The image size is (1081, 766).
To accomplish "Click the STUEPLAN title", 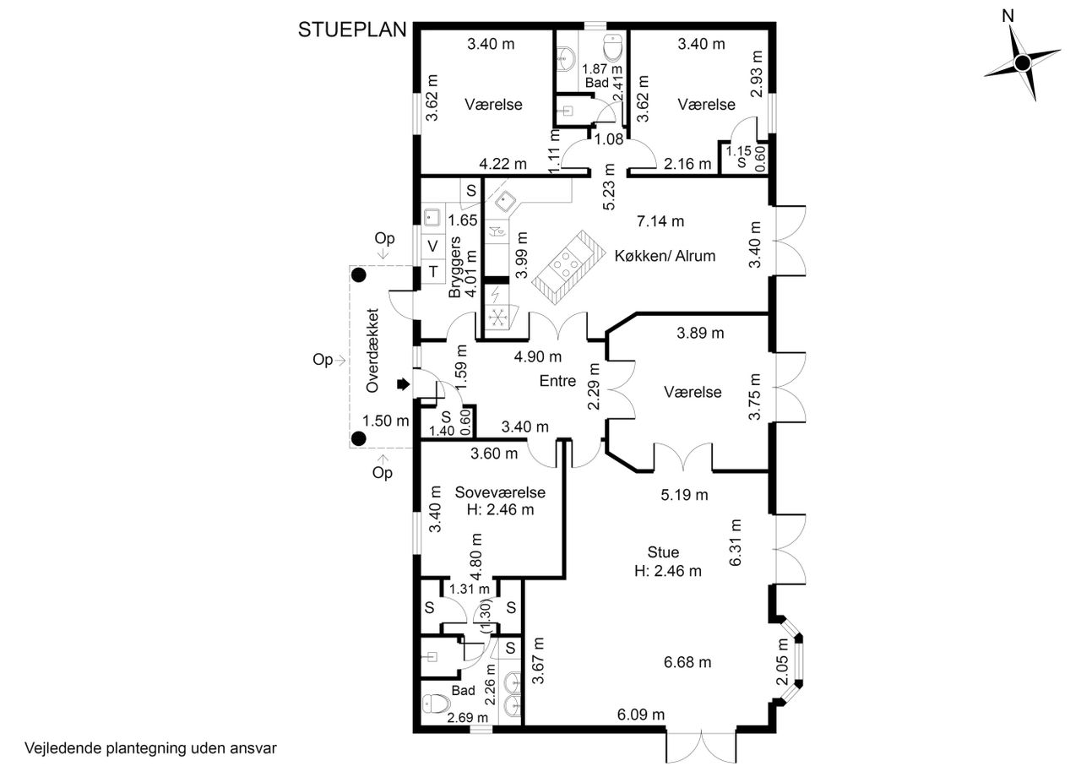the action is (352, 30).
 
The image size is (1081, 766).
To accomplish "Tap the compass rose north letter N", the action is (1008, 16).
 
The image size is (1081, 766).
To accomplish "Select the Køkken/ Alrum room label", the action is (665, 256).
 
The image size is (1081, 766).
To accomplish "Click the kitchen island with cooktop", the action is (568, 268).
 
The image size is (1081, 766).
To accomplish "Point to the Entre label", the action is (557, 381).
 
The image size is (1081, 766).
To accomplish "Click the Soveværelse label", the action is (500, 492).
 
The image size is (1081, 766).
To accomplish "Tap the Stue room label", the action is (663, 551).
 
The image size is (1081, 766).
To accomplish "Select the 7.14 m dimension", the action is (660, 221).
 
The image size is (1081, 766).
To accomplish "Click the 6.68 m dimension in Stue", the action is (687, 662).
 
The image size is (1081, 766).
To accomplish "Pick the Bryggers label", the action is (454, 267).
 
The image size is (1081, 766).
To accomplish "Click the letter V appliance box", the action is (432, 246).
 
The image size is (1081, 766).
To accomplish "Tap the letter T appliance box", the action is (433, 272).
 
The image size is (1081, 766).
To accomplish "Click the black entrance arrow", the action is (404, 384).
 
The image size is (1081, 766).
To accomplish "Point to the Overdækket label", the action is (372, 350).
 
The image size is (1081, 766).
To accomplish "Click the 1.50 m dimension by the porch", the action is (386, 421).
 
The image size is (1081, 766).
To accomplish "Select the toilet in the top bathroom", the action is (613, 47).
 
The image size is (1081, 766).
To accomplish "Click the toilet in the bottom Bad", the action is (437, 704).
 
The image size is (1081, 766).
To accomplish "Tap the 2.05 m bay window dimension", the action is (781, 661).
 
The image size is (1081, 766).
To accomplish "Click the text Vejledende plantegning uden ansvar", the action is (150, 748).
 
